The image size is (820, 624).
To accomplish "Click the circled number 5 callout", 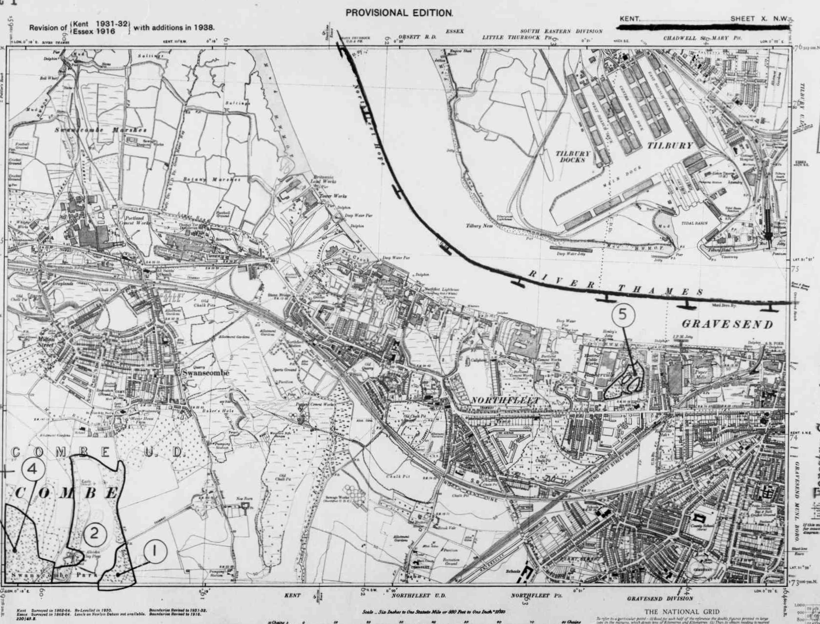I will pyautogui.click(x=622, y=314).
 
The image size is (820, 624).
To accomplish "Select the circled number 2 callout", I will pyautogui.click(x=94, y=533).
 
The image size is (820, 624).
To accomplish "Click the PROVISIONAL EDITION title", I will pyautogui.click(x=399, y=13).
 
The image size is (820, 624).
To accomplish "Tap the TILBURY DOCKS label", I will pyautogui.click(x=573, y=156).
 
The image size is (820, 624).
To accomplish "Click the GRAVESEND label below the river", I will pyautogui.click(x=727, y=324).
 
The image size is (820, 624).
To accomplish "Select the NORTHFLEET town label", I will pyautogui.click(x=505, y=401).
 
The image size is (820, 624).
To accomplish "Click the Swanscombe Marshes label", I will pyautogui.click(x=100, y=130).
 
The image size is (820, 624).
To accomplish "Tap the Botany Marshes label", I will pyautogui.click(x=212, y=179).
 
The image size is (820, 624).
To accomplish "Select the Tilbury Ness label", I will pyautogui.click(x=479, y=226).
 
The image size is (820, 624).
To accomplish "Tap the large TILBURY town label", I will pyautogui.click(x=670, y=146).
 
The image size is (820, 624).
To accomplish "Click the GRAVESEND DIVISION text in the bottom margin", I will pyautogui.click(x=660, y=599).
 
